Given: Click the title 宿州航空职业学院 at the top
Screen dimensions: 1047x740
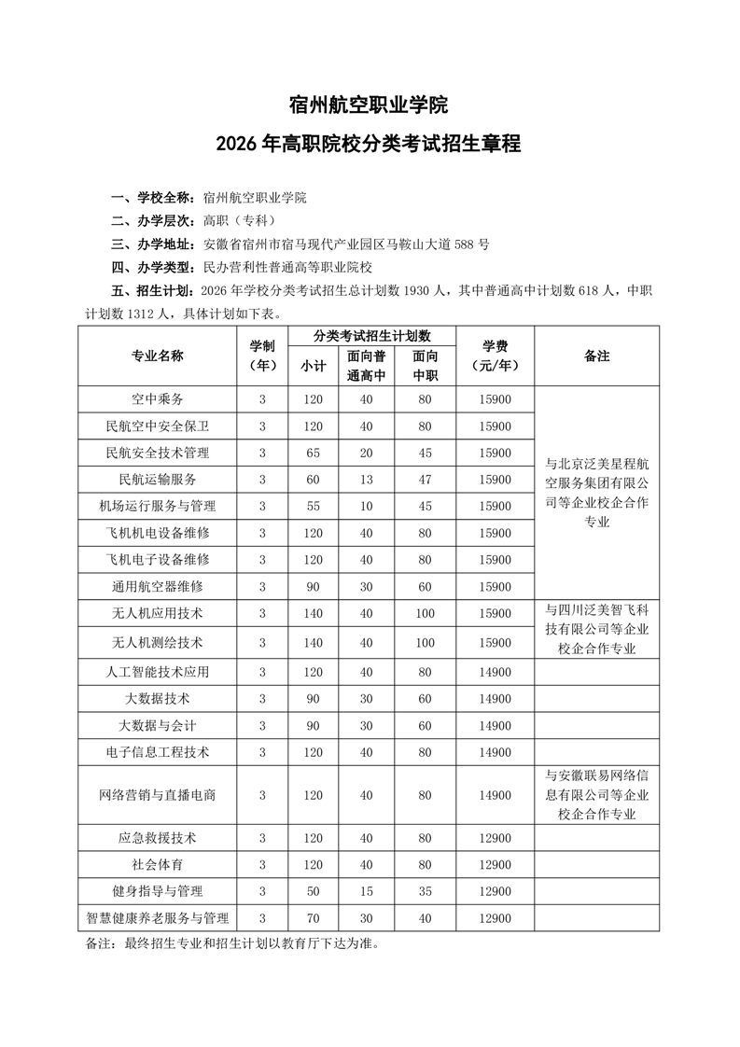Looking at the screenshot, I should coord(369,105).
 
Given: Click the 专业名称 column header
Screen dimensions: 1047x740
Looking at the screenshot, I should coord(158,356).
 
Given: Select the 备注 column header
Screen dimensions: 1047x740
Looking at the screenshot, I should coord(596,356).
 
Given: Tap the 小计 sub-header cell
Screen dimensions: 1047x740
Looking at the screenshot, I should coord(312,367).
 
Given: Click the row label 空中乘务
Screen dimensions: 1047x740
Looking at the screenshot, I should coord(158,399).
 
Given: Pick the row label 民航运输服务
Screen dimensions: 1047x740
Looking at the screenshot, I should coord(158,480).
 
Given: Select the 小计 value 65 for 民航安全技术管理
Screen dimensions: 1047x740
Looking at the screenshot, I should coord(312,454).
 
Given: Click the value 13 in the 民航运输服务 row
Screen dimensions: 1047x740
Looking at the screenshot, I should coord(366,480).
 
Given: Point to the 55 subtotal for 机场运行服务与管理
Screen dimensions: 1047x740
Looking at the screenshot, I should coord(312,507).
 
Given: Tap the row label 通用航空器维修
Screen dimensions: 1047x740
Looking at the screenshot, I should coord(158,587).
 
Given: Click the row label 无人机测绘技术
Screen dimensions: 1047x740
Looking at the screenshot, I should coord(158,643).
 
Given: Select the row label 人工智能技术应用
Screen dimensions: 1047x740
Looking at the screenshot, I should coord(158,672).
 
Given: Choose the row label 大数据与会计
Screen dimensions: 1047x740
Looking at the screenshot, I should coord(158,725).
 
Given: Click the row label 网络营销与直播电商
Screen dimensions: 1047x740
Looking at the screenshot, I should coord(158,795).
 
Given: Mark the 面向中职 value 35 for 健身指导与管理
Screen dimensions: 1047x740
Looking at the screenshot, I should coord(426,891).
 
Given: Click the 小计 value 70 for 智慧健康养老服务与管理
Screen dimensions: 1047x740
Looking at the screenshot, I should coord(312,919).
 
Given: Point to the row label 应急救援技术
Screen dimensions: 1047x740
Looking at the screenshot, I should coord(158,838).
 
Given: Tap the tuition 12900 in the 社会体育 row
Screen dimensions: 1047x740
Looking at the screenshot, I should coord(495,865).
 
